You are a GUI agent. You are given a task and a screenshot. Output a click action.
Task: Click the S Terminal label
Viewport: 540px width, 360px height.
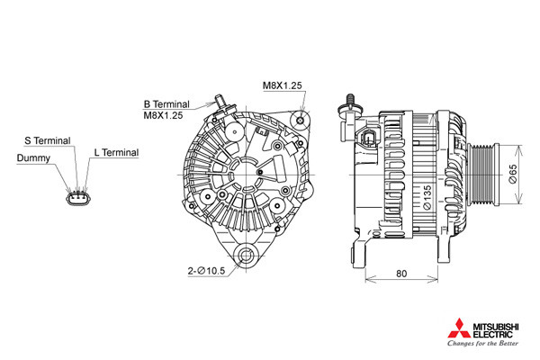(48, 140)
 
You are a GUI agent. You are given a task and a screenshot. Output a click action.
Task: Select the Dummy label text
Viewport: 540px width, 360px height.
(33, 158)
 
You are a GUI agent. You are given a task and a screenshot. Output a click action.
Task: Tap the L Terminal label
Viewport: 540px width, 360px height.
(116, 152)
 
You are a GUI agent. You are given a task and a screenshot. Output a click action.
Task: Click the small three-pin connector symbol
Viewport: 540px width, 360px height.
(78, 198)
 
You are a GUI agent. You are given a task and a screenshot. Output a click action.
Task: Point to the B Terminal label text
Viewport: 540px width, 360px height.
(166, 104)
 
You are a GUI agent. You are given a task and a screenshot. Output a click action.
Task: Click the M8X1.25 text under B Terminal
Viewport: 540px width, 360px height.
(163, 115)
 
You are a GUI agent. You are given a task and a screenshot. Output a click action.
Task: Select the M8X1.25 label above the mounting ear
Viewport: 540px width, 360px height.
(283, 85)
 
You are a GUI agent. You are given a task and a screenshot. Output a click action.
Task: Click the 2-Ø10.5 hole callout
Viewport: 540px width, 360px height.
(206, 271)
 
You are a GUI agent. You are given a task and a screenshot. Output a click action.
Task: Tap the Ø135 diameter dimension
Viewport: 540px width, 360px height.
(427, 197)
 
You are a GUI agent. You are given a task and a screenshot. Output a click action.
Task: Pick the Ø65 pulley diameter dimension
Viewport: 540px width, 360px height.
(513, 174)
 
